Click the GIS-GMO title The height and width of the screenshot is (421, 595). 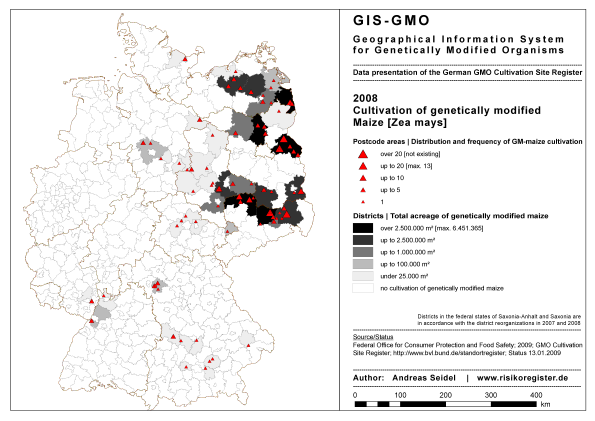pos(391,20)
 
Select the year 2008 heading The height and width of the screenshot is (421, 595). pos(365,98)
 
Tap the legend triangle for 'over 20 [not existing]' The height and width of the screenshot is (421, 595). pos(363,154)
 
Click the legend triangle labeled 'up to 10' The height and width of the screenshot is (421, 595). pos(363,178)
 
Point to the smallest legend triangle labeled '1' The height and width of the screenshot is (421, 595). pos(363,202)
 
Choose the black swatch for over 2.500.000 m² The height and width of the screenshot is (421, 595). pos(362,228)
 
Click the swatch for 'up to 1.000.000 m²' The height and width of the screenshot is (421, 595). pos(362,252)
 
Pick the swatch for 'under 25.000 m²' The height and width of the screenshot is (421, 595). pos(362,276)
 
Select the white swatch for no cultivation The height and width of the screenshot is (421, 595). pos(362,288)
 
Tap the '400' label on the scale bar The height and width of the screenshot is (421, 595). pos(536,395)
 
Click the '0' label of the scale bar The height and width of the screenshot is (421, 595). pos(355,395)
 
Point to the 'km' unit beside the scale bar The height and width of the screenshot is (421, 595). pos(545,404)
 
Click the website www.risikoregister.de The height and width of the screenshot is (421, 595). pos(522,378)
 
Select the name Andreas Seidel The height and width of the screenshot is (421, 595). pos(424,378)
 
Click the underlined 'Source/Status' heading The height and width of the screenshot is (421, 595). pos(373,337)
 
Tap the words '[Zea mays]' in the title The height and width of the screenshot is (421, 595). pos(422,122)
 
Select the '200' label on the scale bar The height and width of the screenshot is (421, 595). pos(445,395)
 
